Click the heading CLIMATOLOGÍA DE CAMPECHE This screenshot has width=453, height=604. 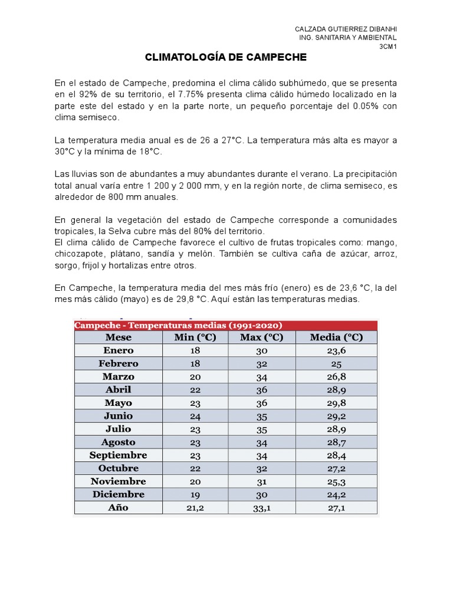pyautogui.click(x=226, y=58)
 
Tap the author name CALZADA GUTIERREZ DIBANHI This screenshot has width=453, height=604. pyautogui.click(x=346, y=29)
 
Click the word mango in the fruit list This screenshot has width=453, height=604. pyautogui.click(x=383, y=242)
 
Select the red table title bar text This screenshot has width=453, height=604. pyautogui.click(x=178, y=325)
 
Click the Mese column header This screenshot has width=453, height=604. pyautogui.click(x=119, y=337)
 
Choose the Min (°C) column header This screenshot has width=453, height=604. pyautogui.click(x=196, y=337)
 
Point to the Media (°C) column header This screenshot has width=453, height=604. pyautogui.click(x=336, y=337)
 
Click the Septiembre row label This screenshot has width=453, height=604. pyautogui.click(x=119, y=455)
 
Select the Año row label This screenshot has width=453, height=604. pyautogui.click(x=119, y=507)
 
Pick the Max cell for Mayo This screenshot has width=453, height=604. pyautogui.click(x=262, y=403)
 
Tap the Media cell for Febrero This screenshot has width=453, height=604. pyautogui.click(x=336, y=364)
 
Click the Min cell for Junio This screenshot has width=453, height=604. pyautogui.click(x=196, y=416)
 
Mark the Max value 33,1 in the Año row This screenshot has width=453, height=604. pyautogui.click(x=262, y=508)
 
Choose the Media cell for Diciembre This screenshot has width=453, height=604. pyautogui.click(x=336, y=494)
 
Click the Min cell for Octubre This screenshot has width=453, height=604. pyautogui.click(x=196, y=468)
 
